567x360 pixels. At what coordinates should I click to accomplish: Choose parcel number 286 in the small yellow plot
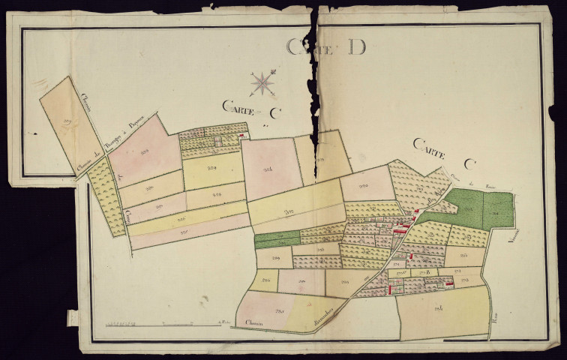pos(264,281)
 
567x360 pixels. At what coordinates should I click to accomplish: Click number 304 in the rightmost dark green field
pos(496,213)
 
